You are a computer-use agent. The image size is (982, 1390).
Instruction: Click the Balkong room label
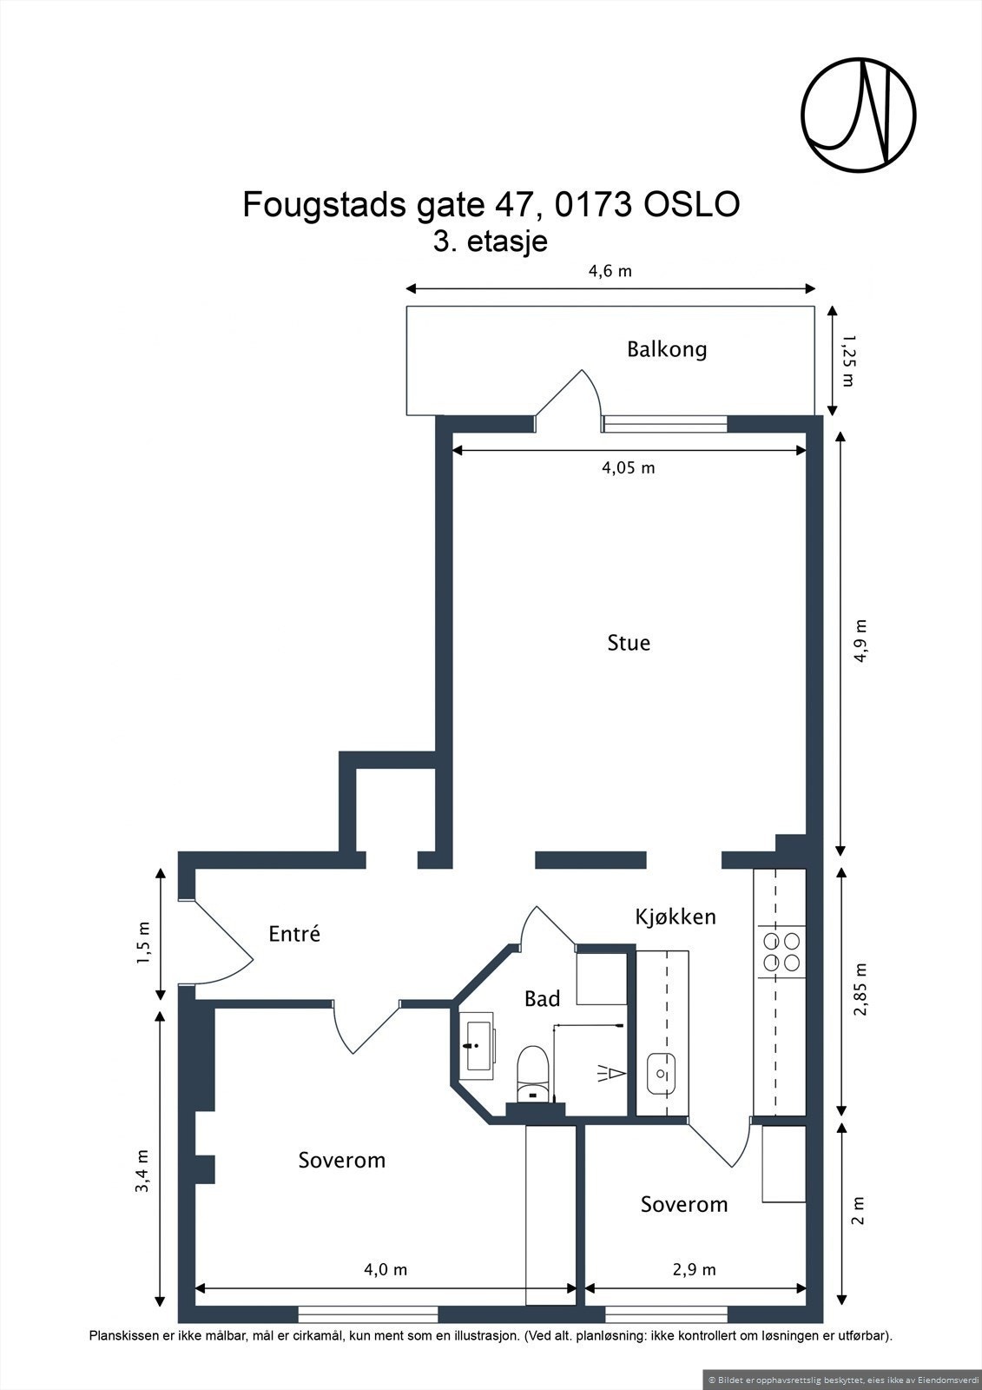point(667,349)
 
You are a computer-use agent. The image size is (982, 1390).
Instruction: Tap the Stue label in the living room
point(629,643)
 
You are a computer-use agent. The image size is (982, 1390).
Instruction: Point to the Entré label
point(294,934)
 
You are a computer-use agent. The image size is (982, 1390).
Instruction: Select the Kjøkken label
point(676,917)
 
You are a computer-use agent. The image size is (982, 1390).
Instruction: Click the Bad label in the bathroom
point(542,998)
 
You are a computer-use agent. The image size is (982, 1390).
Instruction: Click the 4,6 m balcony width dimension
point(610,271)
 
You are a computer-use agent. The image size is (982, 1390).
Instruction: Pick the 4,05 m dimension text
point(629,467)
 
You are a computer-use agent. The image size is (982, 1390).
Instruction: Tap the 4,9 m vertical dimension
point(861,641)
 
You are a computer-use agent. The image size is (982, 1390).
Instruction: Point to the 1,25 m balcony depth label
point(847,361)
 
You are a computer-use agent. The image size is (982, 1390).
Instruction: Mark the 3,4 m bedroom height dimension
point(143,1170)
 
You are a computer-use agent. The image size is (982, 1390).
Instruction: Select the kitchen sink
point(662,1074)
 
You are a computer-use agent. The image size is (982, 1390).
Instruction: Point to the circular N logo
point(859,115)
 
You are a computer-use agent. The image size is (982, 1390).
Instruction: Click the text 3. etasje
point(490,242)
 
